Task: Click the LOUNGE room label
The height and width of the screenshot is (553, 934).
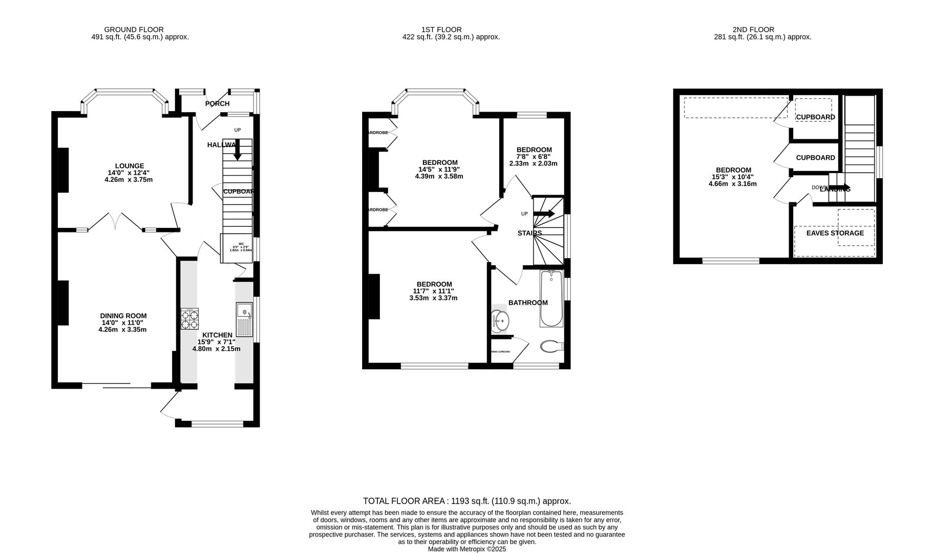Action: coord(130,166)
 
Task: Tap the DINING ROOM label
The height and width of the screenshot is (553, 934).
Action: coord(123,316)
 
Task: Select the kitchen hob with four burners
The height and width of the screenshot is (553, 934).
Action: coord(189,318)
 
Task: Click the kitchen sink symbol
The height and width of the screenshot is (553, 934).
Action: coord(244,318)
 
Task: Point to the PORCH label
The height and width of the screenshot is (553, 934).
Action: coord(217,104)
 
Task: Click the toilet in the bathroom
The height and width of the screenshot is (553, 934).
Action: coord(551,347)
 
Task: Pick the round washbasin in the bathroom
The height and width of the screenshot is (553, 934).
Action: coord(500,322)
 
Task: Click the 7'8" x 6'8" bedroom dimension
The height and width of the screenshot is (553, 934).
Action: coord(533,157)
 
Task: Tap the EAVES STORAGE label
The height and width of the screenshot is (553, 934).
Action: coord(835,233)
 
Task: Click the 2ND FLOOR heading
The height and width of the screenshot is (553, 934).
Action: coord(753,30)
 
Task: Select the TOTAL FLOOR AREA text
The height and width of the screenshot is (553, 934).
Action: coord(466,501)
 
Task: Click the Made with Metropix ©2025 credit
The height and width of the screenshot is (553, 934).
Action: coord(466,549)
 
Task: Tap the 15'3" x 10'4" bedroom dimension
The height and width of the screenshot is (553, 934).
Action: coord(733,177)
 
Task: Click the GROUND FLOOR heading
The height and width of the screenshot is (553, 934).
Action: coord(134,30)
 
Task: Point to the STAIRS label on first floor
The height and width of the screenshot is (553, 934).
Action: coord(529,233)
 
